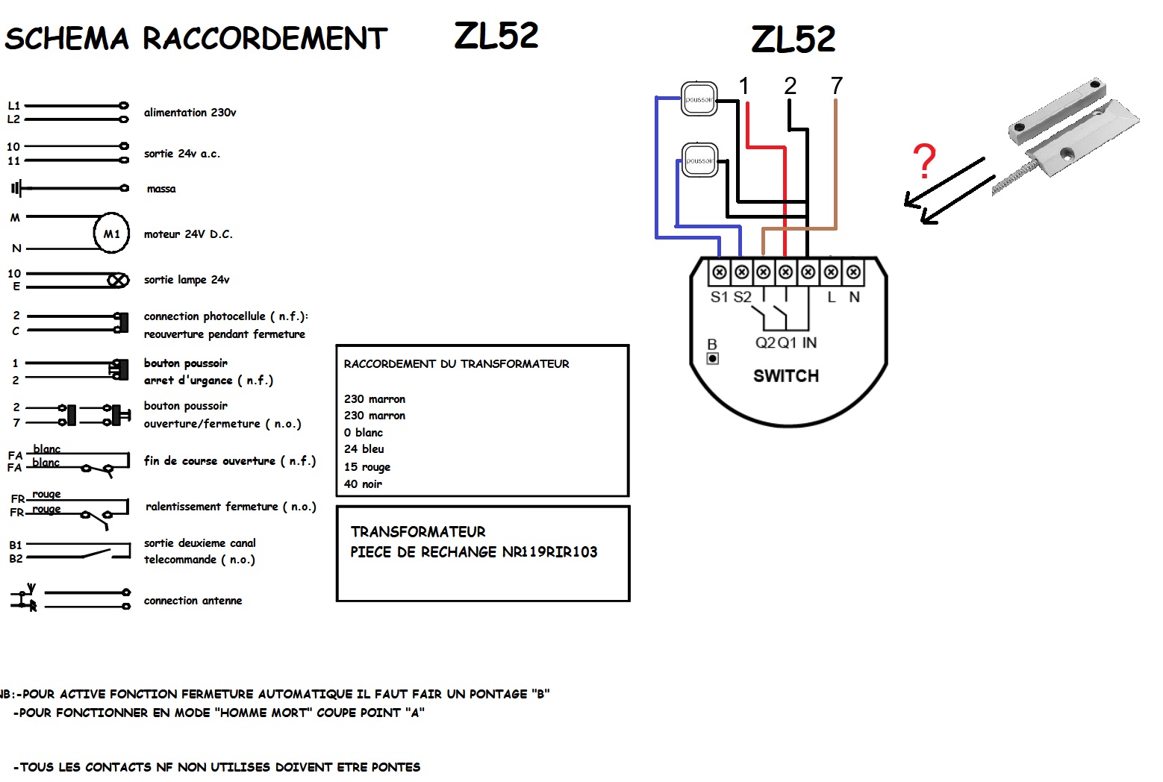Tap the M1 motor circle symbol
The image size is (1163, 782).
111,234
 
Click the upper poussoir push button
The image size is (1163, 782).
699,98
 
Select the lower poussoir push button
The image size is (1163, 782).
699,160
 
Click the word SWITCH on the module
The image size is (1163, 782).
785,376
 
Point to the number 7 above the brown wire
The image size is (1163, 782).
836,86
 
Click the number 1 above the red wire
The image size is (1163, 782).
743,86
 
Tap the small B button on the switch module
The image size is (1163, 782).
713,358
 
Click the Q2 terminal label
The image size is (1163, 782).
765,342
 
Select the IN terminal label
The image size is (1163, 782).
809,342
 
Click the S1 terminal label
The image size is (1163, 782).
719,297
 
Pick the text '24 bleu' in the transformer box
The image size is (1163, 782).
364,448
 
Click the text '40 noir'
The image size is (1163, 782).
363,484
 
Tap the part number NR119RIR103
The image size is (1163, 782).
549,552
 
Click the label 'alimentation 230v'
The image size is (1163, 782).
190,113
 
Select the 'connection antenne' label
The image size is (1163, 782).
193,600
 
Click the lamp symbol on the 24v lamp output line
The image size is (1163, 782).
118,281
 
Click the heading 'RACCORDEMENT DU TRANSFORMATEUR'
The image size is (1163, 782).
456,363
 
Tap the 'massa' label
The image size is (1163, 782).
161,189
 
